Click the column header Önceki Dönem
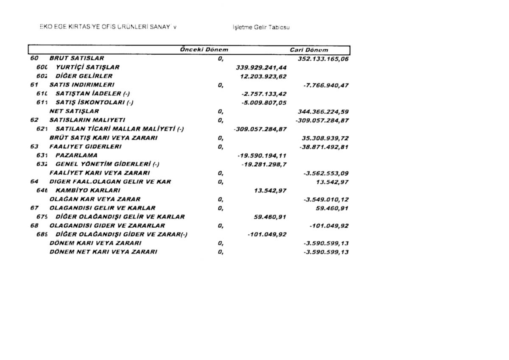point(204,50)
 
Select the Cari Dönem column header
point(309,50)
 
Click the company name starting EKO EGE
point(108,27)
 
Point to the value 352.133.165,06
point(323,59)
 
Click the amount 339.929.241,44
point(261,67)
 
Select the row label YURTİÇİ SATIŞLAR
point(87,67)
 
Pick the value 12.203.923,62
point(263,76)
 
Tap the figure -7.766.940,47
point(326,85)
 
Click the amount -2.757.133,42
point(264,94)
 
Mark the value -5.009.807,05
point(264,103)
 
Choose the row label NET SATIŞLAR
point(74,111)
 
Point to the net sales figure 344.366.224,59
point(323,112)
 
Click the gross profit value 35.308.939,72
point(325,138)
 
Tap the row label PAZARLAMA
point(76,155)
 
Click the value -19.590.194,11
point(262,156)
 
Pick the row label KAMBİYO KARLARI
point(88,190)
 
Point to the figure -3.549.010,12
point(326,199)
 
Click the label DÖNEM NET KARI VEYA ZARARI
point(103,251)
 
